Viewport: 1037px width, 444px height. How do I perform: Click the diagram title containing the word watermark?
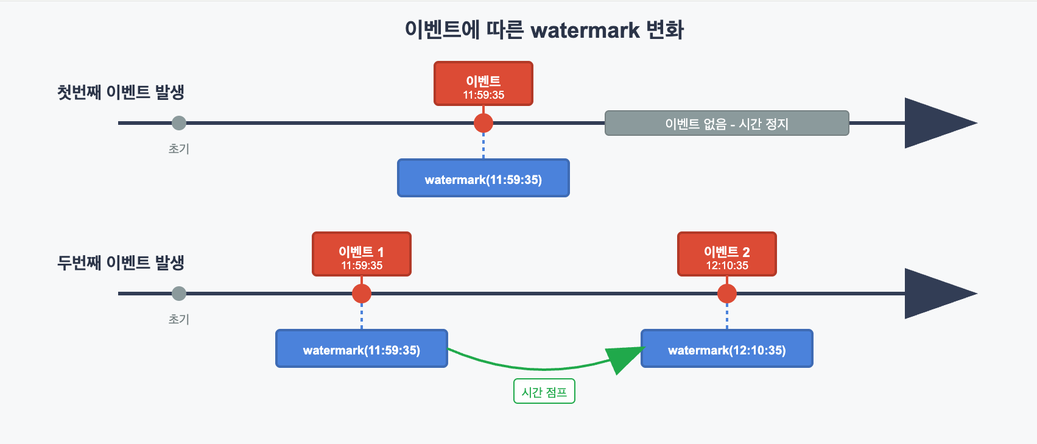tap(544, 30)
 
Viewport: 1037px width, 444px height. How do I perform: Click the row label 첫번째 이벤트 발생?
tap(121, 93)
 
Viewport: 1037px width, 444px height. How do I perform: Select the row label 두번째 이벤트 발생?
tap(121, 263)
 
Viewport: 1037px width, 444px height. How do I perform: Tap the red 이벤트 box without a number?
tap(483, 84)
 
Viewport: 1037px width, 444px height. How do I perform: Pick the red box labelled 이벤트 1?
tap(362, 255)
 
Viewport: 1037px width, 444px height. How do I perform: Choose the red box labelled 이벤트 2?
tap(727, 255)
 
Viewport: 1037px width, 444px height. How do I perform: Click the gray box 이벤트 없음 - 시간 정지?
tap(726, 124)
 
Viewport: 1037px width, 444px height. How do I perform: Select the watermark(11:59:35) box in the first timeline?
tap(483, 178)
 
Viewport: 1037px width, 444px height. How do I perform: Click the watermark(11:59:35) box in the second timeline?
tap(362, 349)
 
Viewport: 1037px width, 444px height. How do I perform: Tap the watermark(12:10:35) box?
tap(727, 349)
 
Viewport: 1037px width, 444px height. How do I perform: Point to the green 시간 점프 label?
tap(544, 392)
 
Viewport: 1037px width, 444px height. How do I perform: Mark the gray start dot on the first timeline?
tap(179, 123)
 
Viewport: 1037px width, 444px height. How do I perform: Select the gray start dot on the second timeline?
tap(179, 294)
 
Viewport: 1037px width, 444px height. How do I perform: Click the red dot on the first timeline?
tap(483, 123)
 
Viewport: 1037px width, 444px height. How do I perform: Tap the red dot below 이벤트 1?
tap(362, 294)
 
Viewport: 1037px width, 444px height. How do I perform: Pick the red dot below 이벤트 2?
tap(727, 294)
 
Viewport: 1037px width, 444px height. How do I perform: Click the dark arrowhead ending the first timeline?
tap(935, 123)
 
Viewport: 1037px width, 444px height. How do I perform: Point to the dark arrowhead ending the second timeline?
tap(935, 294)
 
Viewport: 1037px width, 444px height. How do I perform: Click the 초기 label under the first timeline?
tap(179, 149)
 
